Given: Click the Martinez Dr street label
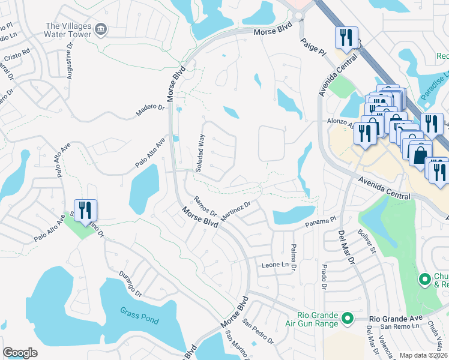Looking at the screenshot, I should click(234, 211).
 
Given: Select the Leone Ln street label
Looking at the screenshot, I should click(275, 265).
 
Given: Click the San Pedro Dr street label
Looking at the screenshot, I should click(258, 331).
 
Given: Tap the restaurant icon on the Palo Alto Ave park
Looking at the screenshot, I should click(85, 210).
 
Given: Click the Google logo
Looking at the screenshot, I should click(20, 353).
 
